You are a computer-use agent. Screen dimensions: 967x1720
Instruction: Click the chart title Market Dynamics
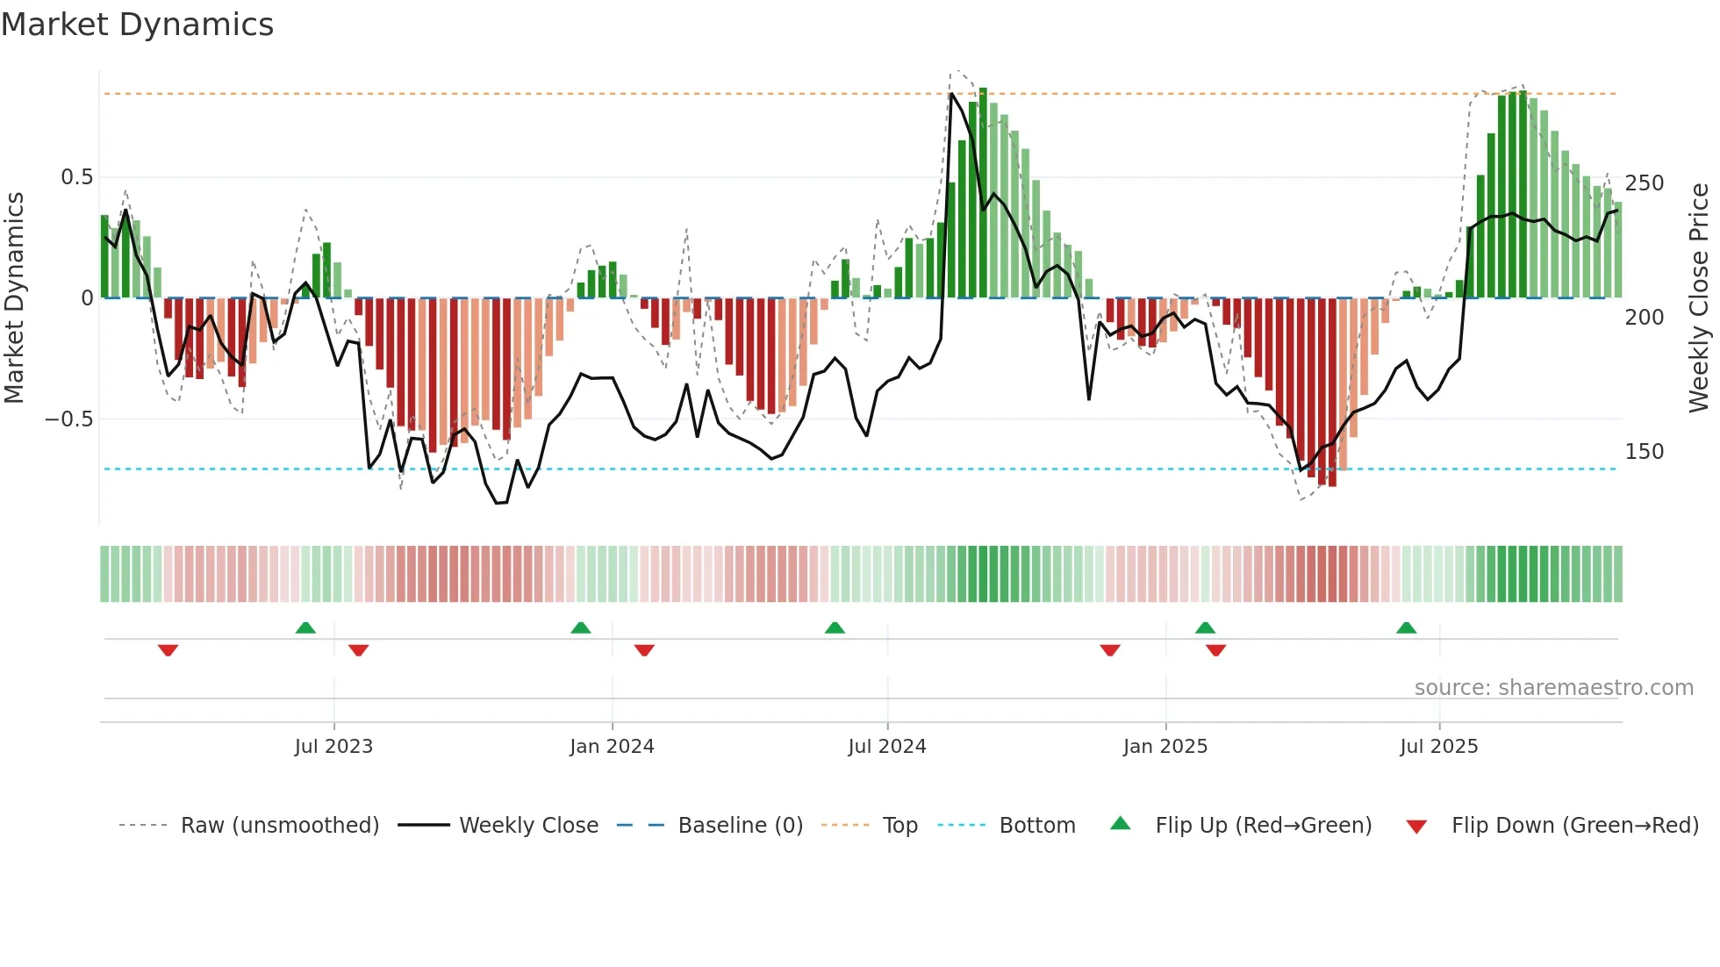(x=137, y=25)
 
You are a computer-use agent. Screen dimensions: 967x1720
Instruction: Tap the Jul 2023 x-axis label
(x=333, y=747)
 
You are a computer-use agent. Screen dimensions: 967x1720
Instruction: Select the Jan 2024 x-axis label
(x=612, y=747)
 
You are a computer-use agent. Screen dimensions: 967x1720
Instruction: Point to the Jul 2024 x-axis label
(x=887, y=747)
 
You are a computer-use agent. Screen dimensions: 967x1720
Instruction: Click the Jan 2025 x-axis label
(x=1165, y=747)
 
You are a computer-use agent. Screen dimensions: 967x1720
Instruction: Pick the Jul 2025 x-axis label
(x=1439, y=747)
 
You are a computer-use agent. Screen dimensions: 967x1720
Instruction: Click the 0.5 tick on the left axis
(x=76, y=177)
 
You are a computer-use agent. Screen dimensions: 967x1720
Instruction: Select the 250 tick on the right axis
(x=1645, y=183)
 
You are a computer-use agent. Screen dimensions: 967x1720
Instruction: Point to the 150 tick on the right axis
(x=1645, y=452)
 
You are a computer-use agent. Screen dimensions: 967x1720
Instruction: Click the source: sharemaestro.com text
(x=1553, y=688)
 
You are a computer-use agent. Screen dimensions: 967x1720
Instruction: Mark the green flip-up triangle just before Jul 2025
(x=1406, y=628)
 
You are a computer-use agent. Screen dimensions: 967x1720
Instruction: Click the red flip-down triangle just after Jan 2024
(x=644, y=650)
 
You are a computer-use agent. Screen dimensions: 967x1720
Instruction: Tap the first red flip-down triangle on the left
(x=168, y=650)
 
